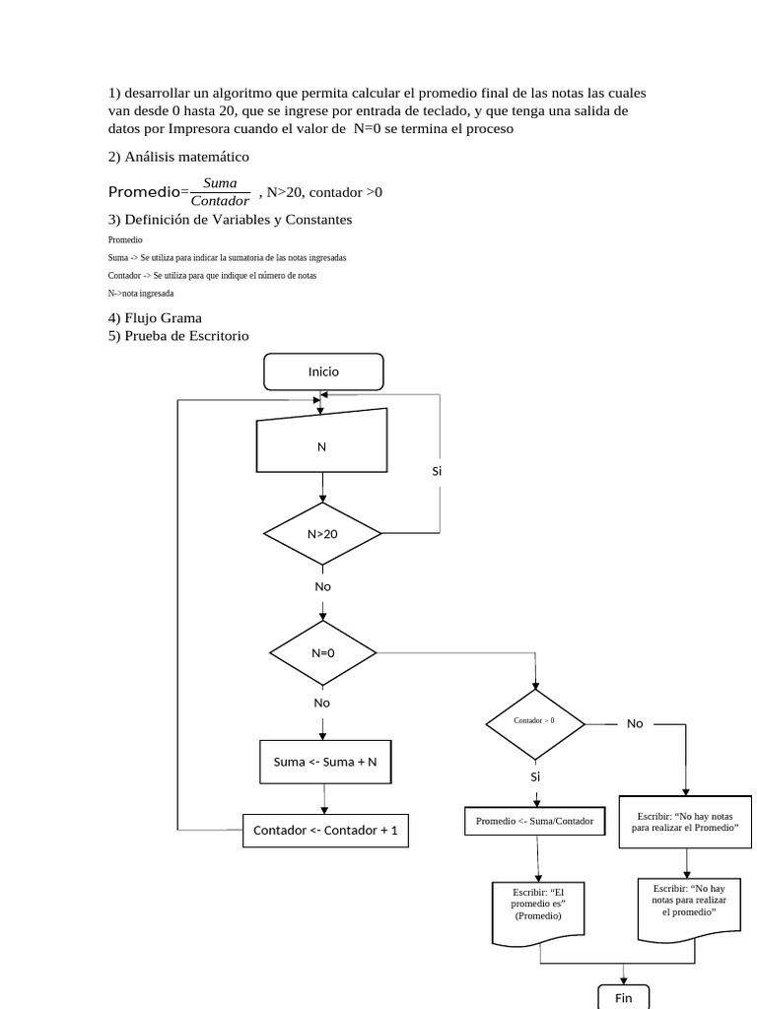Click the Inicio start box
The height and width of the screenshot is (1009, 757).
pyautogui.click(x=323, y=371)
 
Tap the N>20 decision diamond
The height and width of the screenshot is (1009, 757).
pyautogui.click(x=322, y=534)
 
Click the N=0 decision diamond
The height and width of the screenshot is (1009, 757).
pyautogui.click(x=323, y=652)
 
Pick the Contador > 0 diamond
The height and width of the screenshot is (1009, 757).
pyautogui.click(x=535, y=721)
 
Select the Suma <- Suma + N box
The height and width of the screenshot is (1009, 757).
pyautogui.click(x=325, y=762)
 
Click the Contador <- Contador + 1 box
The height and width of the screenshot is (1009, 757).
pyautogui.click(x=325, y=831)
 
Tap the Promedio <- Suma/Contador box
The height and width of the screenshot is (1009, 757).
pyautogui.click(x=535, y=821)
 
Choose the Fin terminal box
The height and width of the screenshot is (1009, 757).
pyautogui.click(x=623, y=997)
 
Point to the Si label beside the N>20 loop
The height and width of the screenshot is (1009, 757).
pyautogui.click(x=438, y=471)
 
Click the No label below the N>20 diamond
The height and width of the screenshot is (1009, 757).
pyautogui.click(x=322, y=586)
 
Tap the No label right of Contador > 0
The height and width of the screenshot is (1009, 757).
pyautogui.click(x=635, y=723)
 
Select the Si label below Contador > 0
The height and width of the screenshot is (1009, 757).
pyautogui.click(x=536, y=776)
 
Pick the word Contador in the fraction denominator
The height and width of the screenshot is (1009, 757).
pyautogui.click(x=220, y=201)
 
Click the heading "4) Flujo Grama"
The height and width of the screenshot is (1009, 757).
pyautogui.click(x=155, y=317)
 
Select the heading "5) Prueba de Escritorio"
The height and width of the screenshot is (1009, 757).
pyautogui.click(x=178, y=336)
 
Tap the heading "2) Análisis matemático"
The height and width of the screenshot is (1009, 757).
pyautogui.click(x=178, y=157)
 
